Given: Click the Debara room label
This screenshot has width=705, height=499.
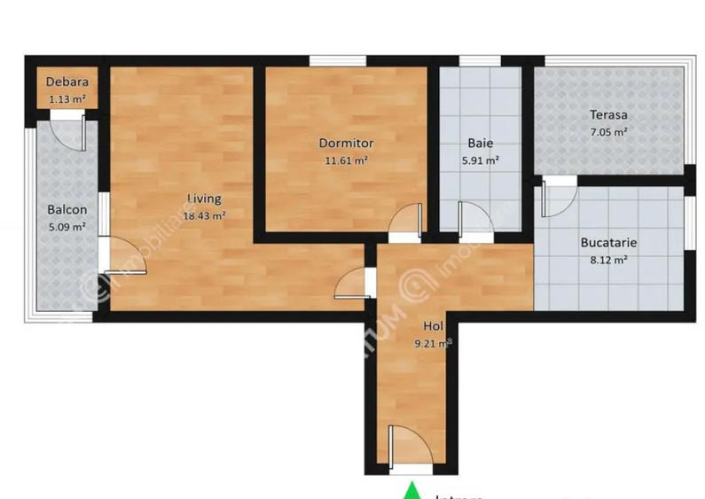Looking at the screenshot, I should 67,84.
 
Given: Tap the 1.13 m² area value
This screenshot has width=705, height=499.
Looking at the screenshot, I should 67,99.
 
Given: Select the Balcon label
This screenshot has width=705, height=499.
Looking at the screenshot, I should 67,210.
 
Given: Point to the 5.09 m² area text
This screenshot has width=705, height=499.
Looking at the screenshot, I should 67,226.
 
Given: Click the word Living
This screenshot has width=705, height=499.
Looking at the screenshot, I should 204,199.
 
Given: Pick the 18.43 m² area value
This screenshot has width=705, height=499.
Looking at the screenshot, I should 204,214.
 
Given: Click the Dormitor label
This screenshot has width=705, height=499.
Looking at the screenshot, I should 346,143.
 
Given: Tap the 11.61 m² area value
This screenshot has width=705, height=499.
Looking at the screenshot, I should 346,160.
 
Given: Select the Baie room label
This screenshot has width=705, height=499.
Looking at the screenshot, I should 481,143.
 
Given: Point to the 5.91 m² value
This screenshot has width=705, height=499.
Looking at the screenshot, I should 481,160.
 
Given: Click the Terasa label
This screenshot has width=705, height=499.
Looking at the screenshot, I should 609,114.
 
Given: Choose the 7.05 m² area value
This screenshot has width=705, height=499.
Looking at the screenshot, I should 609,131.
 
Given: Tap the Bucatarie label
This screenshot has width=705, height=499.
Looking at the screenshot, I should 608,242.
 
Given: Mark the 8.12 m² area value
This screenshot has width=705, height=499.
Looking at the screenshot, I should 608,260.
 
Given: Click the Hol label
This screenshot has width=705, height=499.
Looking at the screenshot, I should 433,325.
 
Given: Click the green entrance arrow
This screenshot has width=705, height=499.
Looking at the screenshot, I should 411,490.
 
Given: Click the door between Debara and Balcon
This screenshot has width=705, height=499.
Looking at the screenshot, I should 66,129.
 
